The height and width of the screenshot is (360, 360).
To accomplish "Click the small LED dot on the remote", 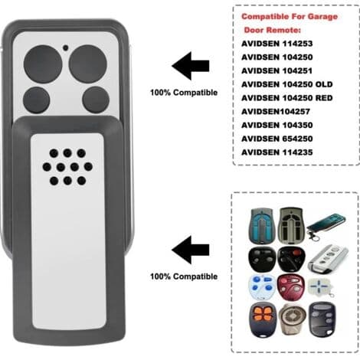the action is point(66,47).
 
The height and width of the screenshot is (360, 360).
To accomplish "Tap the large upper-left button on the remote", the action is point(43,64).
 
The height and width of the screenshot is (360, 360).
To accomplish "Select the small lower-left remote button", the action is point(36,100).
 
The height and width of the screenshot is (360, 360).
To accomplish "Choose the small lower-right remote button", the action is point(96,100).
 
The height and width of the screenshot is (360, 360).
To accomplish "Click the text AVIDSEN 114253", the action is point(277,44).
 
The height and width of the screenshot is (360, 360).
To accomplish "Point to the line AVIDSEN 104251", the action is point(277,70).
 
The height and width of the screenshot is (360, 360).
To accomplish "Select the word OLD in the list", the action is point(324,84).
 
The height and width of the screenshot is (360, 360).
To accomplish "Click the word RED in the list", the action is point(324,98).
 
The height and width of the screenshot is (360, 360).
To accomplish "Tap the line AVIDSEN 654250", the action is point(277,139).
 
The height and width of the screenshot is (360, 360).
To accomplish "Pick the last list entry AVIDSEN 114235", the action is point(277,152).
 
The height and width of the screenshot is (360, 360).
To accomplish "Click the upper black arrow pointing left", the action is point(191,66).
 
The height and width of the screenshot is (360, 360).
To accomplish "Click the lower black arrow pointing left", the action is point(191,250).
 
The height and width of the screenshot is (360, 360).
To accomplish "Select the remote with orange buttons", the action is point(263,319).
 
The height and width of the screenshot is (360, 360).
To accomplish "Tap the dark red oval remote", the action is point(290,287).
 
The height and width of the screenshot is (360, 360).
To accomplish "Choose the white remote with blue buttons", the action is point(262,287).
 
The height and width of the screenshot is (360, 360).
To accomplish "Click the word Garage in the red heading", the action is point(322,17).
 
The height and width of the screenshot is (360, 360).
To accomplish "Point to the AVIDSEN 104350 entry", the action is point(277,125).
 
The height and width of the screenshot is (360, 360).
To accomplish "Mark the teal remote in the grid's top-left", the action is point(262,225).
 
